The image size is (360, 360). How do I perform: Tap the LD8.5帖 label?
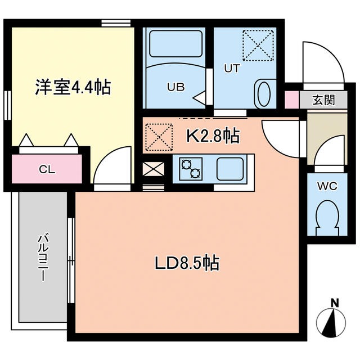click(x=187, y=262)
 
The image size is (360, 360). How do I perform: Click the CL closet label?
click(x=47, y=168)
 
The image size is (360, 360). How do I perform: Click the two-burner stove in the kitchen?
click(x=190, y=167)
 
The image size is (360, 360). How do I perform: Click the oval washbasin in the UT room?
click(x=263, y=92)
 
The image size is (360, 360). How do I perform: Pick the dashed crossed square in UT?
click(x=256, y=44)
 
